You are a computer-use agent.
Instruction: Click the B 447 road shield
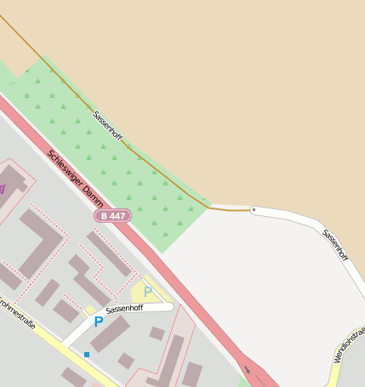(x=112, y=216)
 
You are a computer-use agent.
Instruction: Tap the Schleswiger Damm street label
(x=77, y=179)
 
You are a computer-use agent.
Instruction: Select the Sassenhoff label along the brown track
(x=108, y=126)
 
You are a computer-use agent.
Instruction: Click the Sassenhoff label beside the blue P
(x=124, y=310)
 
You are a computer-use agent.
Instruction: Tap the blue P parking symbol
(x=98, y=322)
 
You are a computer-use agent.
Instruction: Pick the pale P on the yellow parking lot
(x=147, y=292)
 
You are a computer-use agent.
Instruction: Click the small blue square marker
(x=86, y=354)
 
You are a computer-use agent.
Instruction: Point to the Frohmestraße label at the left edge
(x=16, y=314)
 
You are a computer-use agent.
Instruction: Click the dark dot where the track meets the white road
(x=253, y=208)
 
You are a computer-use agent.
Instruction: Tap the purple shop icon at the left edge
(x=3, y=189)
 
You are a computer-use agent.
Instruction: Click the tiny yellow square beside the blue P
(x=90, y=310)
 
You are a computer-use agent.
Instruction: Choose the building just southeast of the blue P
(x=111, y=334)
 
